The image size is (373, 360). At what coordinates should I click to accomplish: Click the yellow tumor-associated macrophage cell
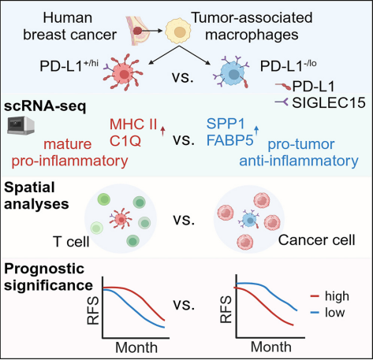(x=178, y=32)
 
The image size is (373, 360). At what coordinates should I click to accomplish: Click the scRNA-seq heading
(x=45, y=106)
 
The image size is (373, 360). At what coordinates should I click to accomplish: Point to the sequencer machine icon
(x=21, y=125)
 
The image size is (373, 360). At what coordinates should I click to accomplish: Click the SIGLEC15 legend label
(x=329, y=102)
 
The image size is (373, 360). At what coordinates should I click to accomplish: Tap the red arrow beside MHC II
(x=162, y=131)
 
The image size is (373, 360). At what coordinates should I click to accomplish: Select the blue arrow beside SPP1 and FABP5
(x=256, y=131)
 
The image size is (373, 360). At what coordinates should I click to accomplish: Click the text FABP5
(x=229, y=140)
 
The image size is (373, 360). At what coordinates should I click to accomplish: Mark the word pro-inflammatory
(x=69, y=161)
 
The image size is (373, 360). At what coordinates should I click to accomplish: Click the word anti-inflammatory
(x=299, y=161)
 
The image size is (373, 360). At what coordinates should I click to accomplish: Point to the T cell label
(x=71, y=242)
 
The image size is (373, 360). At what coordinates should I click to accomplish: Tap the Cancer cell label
(x=316, y=240)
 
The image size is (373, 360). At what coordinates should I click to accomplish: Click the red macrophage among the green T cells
(x=121, y=218)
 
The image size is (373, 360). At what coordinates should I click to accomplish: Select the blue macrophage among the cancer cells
(x=249, y=220)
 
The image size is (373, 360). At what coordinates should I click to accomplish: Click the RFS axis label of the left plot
(x=93, y=310)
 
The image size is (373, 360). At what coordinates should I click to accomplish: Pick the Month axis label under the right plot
(x=271, y=347)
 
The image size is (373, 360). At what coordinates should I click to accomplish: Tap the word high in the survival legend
(x=337, y=296)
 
